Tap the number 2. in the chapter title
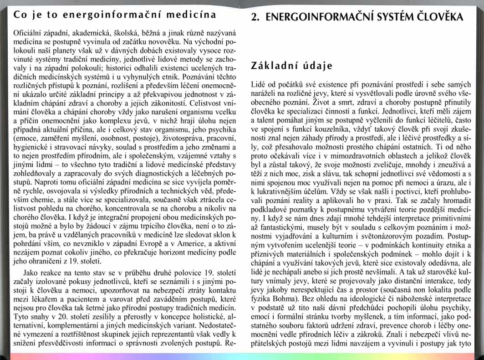coord(255,17)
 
